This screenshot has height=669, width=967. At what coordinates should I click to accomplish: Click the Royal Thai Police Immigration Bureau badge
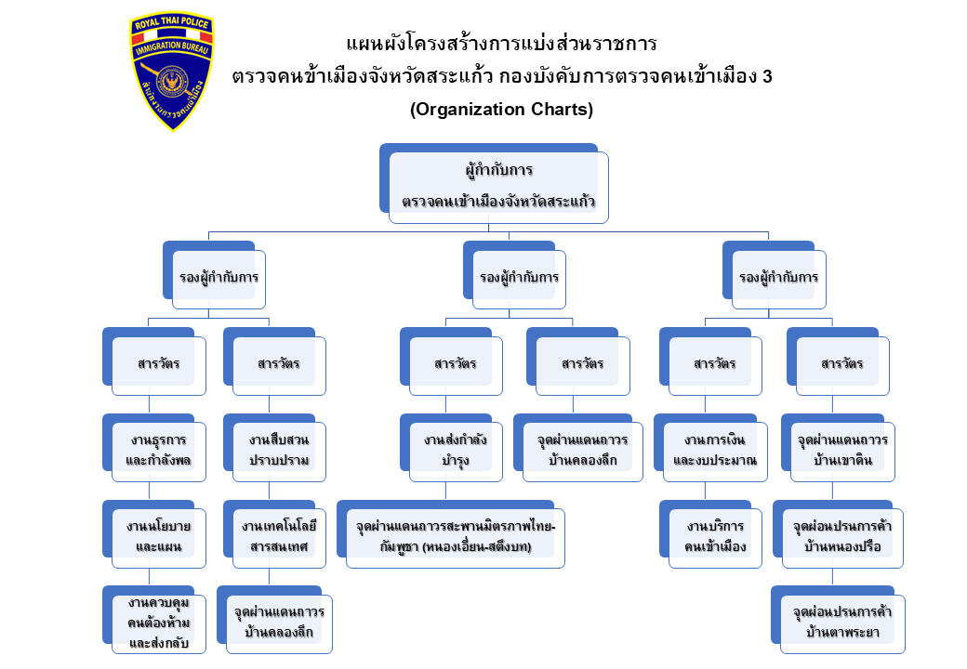tap(171, 72)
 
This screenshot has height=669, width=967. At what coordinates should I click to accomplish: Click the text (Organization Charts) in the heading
tap(501, 109)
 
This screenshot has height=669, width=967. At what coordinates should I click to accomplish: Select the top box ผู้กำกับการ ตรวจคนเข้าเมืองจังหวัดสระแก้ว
tap(498, 187)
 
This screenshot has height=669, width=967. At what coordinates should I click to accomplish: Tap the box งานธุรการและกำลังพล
tap(158, 451)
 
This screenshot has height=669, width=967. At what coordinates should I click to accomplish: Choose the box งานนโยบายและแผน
tap(158, 537)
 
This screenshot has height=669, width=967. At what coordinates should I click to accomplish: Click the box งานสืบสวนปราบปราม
tap(279, 451)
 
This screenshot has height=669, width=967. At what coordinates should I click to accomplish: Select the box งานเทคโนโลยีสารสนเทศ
tap(279, 537)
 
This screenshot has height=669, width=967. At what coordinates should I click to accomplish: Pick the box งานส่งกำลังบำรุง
tap(456, 451)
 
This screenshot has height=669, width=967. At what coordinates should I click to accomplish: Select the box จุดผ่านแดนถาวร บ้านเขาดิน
tap(842, 451)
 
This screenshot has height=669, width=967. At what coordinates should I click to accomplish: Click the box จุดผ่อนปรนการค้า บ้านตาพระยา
tap(842, 623)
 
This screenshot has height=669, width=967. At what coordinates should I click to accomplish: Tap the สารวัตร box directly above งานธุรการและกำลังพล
tap(158, 363)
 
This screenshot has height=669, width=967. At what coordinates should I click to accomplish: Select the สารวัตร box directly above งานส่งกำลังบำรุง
tap(456, 363)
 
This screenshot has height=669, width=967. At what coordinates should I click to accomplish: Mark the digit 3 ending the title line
tap(767, 76)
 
